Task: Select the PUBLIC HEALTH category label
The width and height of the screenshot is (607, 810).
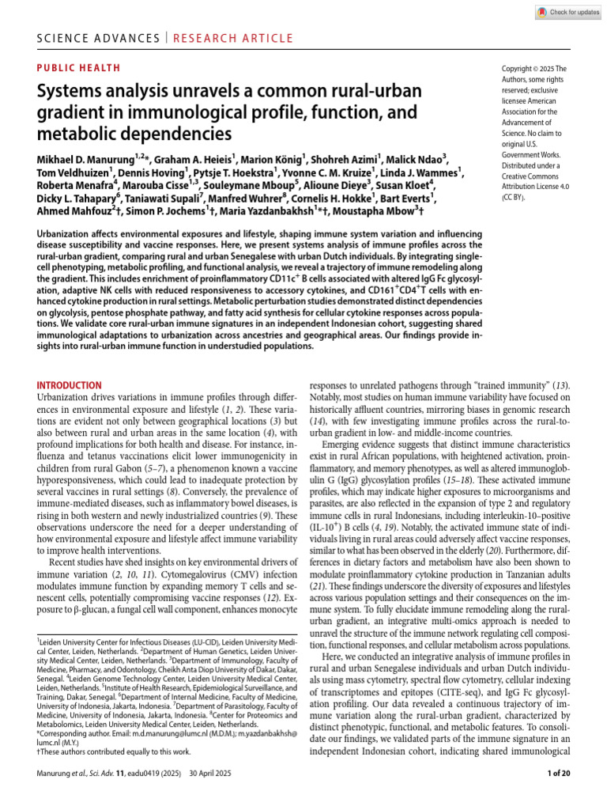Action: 79,68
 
